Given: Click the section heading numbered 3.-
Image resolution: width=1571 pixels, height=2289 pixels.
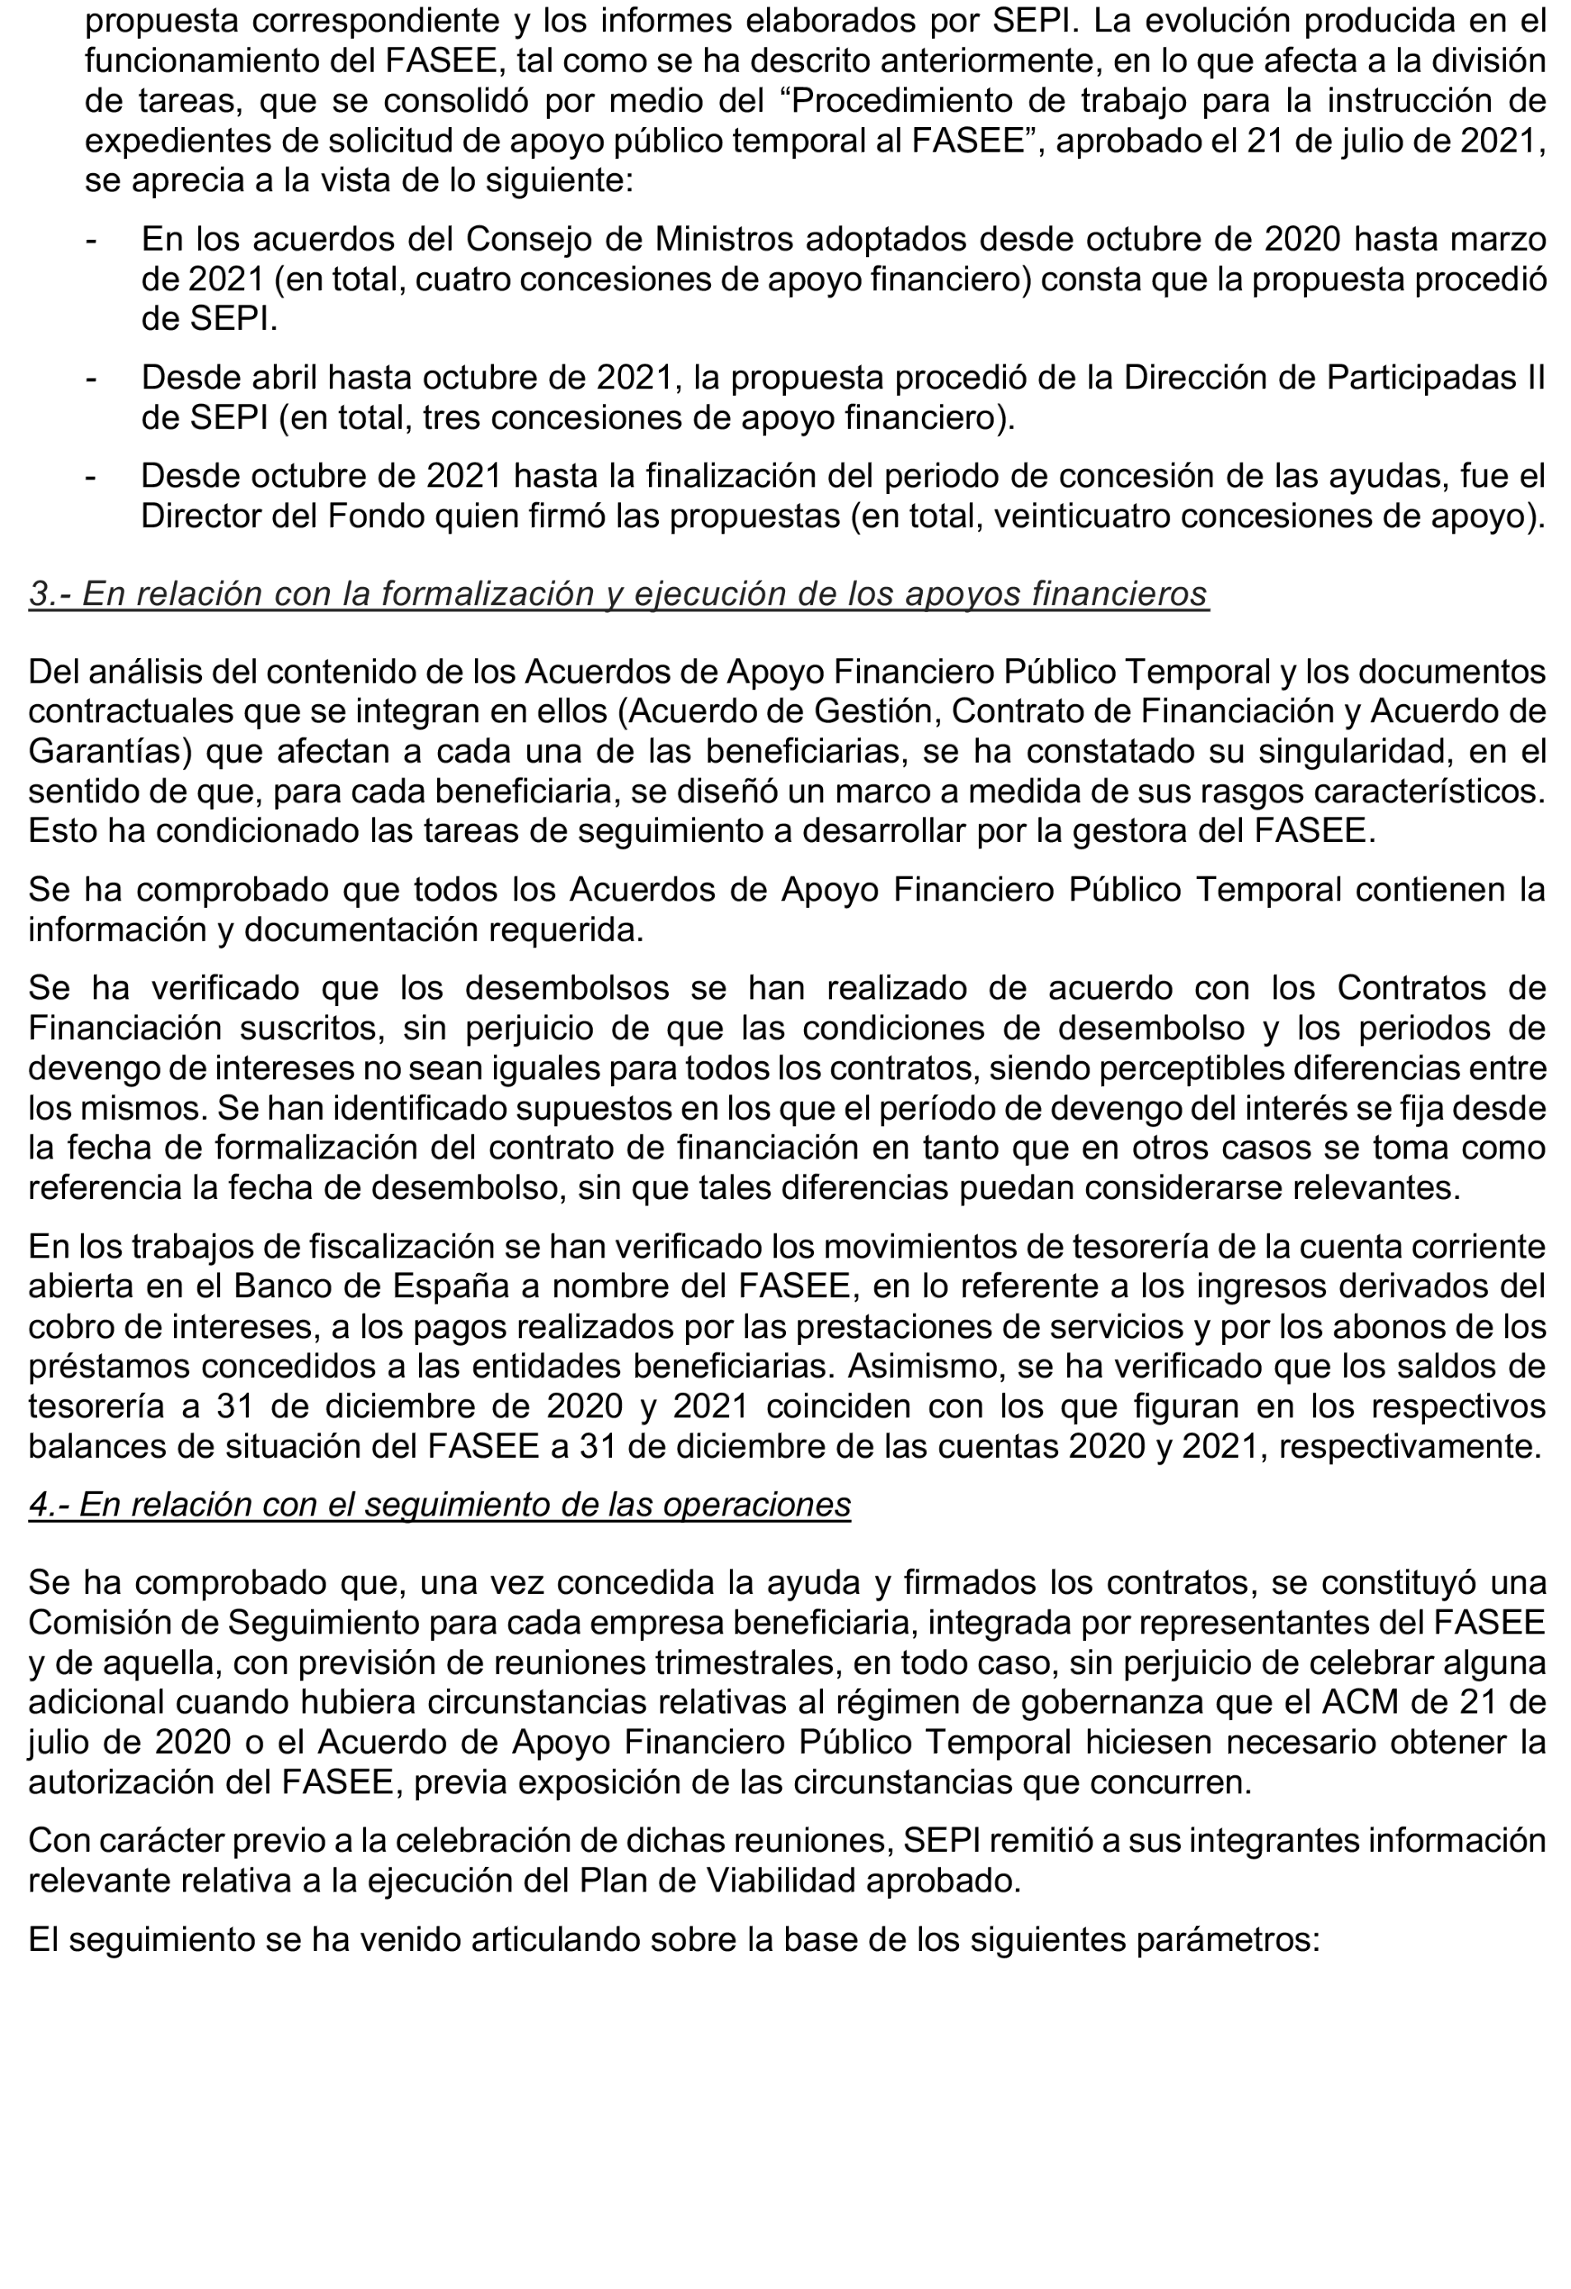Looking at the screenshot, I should click(x=618, y=594).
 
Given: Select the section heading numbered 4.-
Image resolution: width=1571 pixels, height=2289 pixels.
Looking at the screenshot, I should click(x=440, y=1504).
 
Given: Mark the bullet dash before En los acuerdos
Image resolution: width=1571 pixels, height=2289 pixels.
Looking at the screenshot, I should click(x=91, y=239).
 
